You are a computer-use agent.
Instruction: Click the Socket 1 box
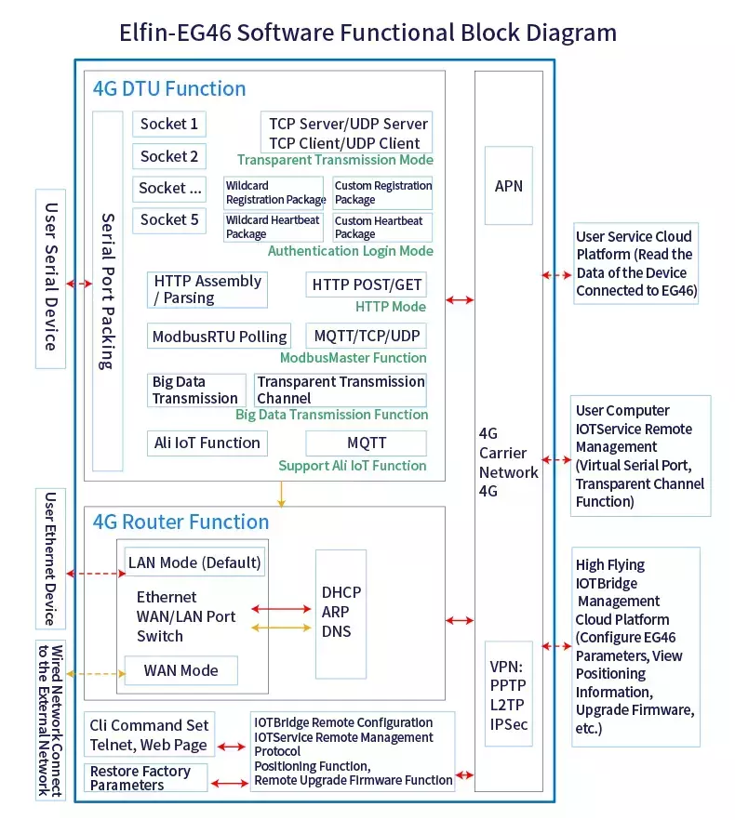tap(168, 124)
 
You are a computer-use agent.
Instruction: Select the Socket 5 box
tap(168, 220)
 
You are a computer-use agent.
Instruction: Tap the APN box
tap(508, 186)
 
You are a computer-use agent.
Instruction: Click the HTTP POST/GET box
tap(366, 284)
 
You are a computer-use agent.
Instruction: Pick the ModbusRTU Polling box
tap(219, 337)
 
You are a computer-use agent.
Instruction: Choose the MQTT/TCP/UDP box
tap(366, 336)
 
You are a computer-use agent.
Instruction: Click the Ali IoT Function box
tap(207, 443)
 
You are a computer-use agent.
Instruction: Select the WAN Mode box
tap(181, 670)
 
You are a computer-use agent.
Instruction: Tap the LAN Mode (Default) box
tap(194, 562)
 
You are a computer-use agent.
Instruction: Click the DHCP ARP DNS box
tap(341, 614)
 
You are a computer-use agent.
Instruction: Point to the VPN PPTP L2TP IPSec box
tap(508, 694)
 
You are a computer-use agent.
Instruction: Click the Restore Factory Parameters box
tap(145, 777)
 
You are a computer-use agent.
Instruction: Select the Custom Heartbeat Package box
tap(382, 228)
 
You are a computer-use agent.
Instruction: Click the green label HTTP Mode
tap(391, 307)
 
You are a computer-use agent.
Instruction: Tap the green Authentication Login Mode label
tap(350, 251)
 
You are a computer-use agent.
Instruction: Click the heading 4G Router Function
tap(180, 522)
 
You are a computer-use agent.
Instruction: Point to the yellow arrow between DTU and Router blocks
tap(281, 495)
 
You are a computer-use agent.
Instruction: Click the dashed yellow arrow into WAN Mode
tap(96, 673)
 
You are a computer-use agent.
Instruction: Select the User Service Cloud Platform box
tap(636, 264)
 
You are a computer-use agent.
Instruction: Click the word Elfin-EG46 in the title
tap(175, 33)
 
